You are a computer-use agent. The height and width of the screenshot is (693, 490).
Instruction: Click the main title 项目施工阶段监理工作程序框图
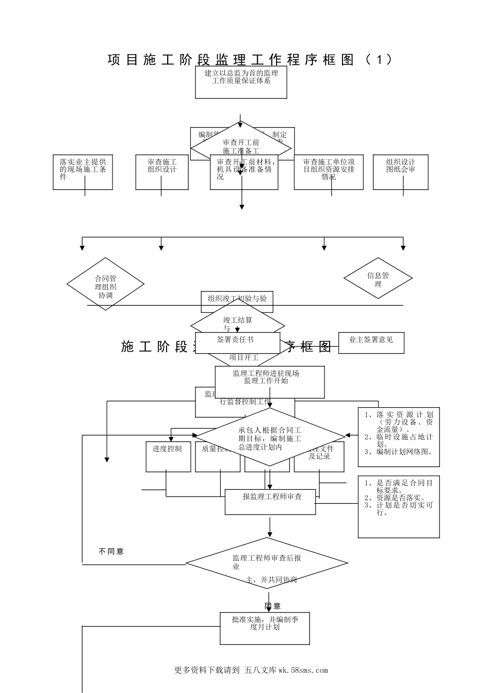(250, 59)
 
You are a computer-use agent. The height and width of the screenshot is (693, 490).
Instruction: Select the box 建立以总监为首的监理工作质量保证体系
(241, 82)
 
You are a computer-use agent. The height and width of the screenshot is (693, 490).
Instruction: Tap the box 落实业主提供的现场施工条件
(83, 172)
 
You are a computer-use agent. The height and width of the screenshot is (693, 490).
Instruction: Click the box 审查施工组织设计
(161, 172)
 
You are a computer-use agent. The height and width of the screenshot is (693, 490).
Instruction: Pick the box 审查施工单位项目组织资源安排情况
(329, 172)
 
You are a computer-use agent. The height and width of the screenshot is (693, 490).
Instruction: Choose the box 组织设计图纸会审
(401, 172)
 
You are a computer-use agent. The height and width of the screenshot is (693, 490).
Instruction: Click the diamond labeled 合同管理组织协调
(105, 284)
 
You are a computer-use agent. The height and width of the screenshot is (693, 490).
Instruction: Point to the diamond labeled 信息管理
(378, 278)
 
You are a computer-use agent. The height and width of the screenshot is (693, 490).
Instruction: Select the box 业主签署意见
(371, 342)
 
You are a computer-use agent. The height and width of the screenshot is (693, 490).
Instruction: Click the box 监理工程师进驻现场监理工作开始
(270, 382)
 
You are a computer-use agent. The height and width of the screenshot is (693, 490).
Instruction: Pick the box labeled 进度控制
(168, 456)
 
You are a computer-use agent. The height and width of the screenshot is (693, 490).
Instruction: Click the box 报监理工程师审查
(270, 502)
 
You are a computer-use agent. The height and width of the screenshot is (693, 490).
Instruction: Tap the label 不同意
(111, 551)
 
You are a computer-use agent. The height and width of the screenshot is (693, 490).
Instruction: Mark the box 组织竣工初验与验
(237, 300)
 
